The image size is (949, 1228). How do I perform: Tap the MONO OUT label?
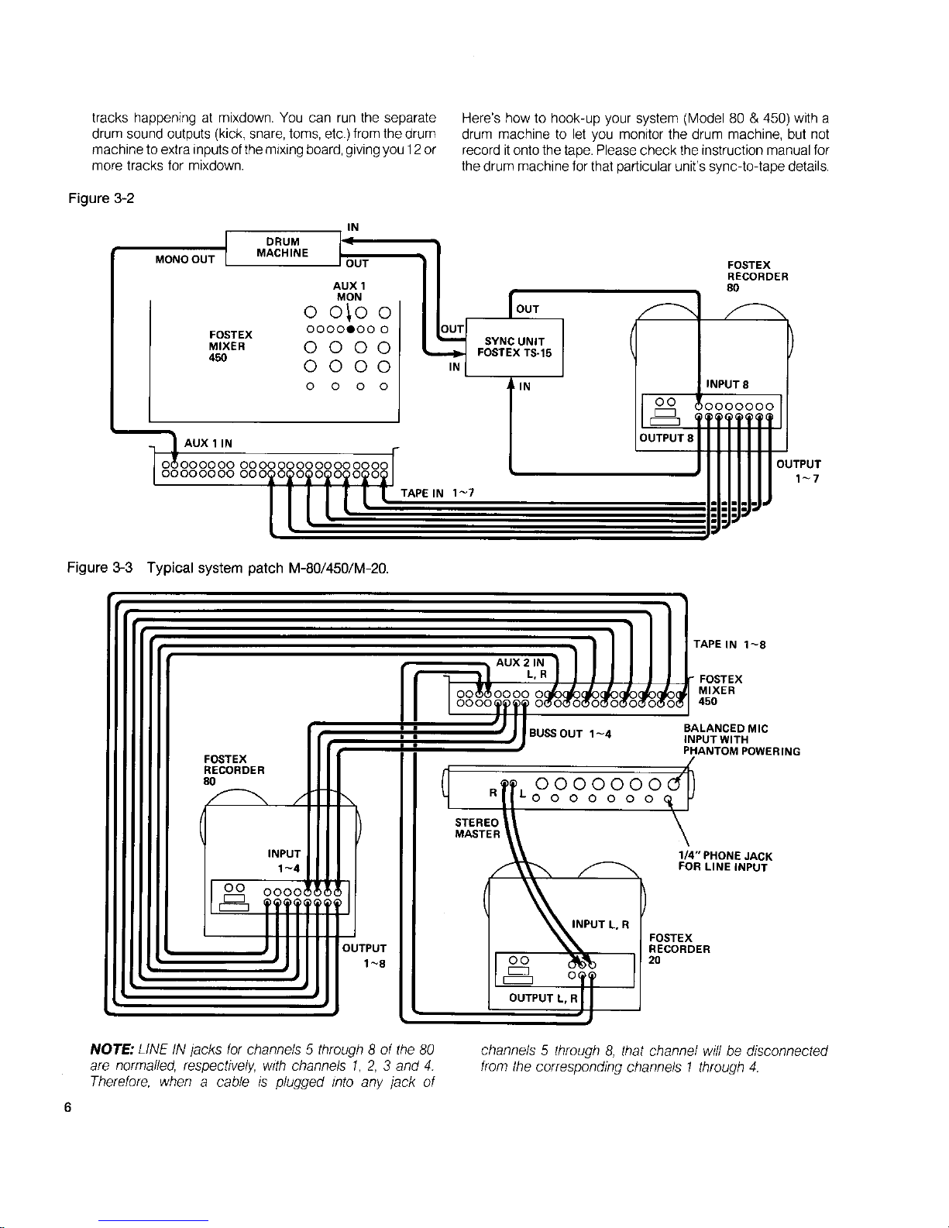point(184,260)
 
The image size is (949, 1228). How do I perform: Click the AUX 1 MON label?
point(349,291)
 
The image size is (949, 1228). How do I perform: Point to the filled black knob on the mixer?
point(351,329)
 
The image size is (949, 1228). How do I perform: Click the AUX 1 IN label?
point(208,443)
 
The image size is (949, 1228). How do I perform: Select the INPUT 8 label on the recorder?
point(727,384)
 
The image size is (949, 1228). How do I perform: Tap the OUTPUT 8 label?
point(666,438)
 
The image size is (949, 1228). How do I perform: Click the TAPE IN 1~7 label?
point(437,493)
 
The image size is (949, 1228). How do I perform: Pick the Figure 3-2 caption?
point(101,198)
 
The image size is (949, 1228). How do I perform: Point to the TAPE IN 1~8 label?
point(729,645)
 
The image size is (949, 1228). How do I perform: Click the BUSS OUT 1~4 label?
point(570,734)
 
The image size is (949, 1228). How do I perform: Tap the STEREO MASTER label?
point(477,828)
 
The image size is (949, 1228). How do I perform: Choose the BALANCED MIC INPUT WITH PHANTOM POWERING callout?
point(741,740)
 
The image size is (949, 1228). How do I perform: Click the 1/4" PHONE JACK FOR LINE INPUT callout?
point(725,862)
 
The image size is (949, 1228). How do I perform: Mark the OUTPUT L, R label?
point(543,998)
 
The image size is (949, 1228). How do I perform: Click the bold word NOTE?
point(112,1050)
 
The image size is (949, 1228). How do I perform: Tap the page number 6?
point(68,1107)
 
